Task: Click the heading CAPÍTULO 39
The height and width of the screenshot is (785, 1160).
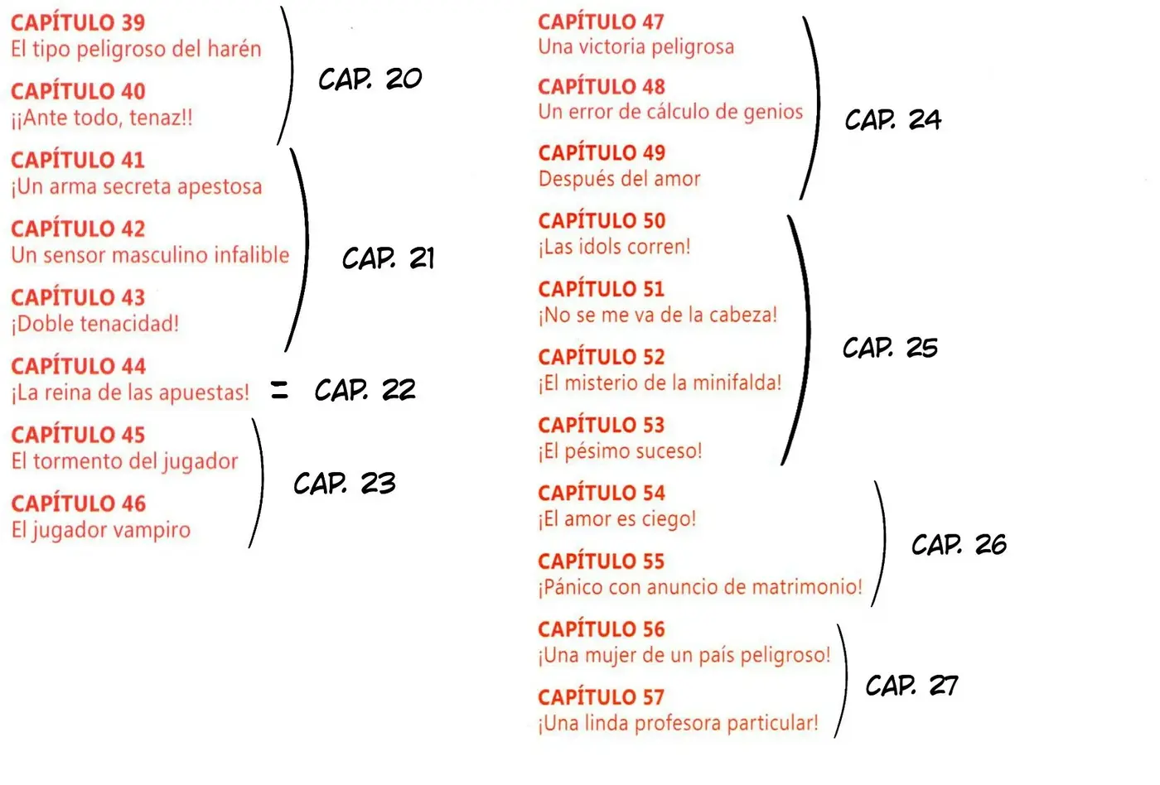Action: coord(78,22)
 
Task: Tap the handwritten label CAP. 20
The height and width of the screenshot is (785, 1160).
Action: coord(370,79)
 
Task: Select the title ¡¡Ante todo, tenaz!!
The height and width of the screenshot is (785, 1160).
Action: coord(102,118)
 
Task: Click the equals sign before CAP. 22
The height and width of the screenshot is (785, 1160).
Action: coord(280,390)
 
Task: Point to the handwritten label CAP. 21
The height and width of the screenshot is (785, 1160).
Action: coord(388,258)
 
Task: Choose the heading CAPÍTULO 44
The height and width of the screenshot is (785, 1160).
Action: coord(79,366)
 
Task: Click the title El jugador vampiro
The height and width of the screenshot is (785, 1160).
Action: coord(101,530)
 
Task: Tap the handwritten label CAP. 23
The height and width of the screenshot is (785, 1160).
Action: coord(345,484)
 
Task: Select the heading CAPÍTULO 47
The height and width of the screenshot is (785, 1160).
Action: coord(601,22)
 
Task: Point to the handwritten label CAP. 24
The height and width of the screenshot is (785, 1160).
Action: coord(893,119)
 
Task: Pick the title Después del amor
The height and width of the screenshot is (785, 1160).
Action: coord(620,179)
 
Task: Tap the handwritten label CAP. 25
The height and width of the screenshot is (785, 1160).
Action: coord(890,347)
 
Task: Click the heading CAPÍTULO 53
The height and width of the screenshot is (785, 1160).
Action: coord(602,426)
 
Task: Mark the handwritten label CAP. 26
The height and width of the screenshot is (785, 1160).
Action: coord(959,544)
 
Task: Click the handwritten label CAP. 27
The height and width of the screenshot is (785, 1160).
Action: coord(912,686)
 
